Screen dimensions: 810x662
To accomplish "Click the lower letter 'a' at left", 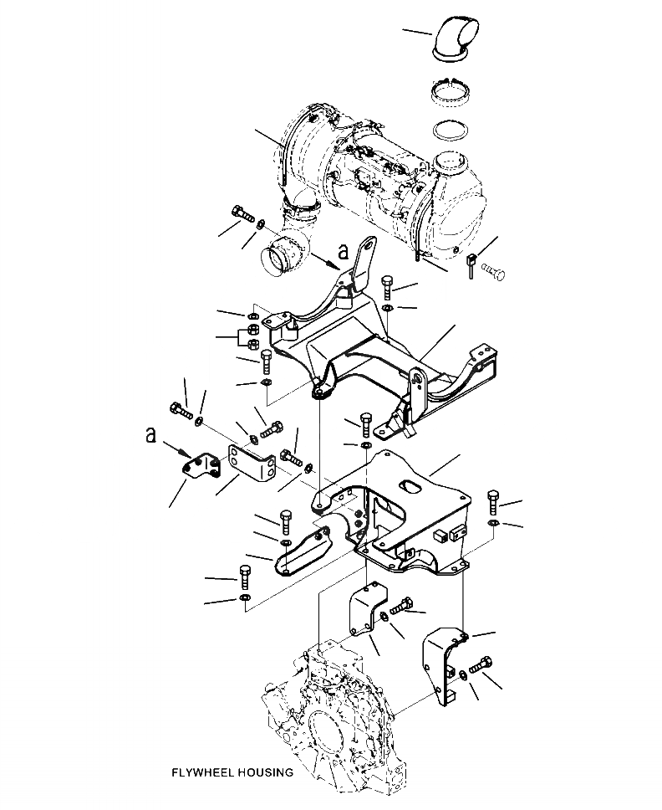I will pyautogui.click(x=150, y=434).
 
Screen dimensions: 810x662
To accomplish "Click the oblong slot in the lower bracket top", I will pyautogui.click(x=411, y=485).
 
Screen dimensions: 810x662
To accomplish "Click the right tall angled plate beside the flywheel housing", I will pyautogui.click(x=440, y=661).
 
